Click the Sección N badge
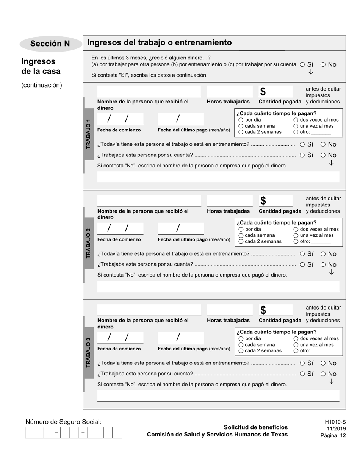[x=50, y=44]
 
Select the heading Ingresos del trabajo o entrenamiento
[x=159, y=42]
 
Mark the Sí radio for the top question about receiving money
[x=302, y=64]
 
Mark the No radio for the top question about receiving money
[x=323, y=64]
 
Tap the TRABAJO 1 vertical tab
[x=88, y=134]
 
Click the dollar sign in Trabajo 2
[x=263, y=201]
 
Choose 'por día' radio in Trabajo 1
[x=241, y=120]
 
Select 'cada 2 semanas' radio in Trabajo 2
[x=241, y=241]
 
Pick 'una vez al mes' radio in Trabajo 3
[x=296, y=345]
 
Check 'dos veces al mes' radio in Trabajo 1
[x=296, y=120]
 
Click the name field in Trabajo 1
[x=149, y=91]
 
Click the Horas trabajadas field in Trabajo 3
[x=229, y=310]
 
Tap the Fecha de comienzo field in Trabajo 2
[x=120, y=228]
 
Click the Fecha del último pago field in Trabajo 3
[x=180, y=338]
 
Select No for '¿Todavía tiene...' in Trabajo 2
[x=323, y=254]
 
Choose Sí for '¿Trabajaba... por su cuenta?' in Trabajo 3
[x=302, y=374]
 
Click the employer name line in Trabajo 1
[x=218, y=177]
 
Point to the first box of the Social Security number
[x=30, y=432]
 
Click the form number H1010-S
[x=335, y=422]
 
